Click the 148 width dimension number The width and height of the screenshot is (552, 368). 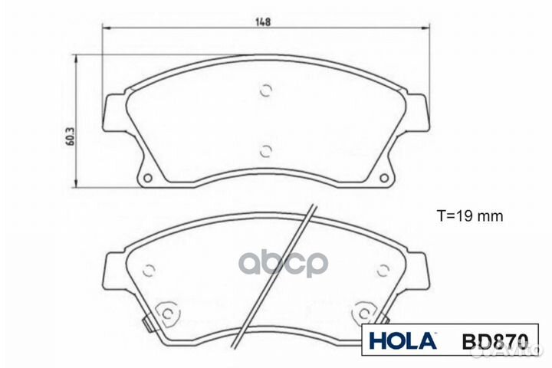point(262,21)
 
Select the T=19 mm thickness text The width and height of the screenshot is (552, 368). point(471,217)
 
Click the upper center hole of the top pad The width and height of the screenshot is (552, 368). point(265,90)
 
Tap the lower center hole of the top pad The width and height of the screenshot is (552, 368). point(265,150)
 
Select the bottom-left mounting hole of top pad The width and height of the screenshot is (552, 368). point(148,179)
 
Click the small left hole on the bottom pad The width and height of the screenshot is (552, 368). point(150,269)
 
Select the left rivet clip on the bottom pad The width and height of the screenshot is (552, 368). point(166,314)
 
